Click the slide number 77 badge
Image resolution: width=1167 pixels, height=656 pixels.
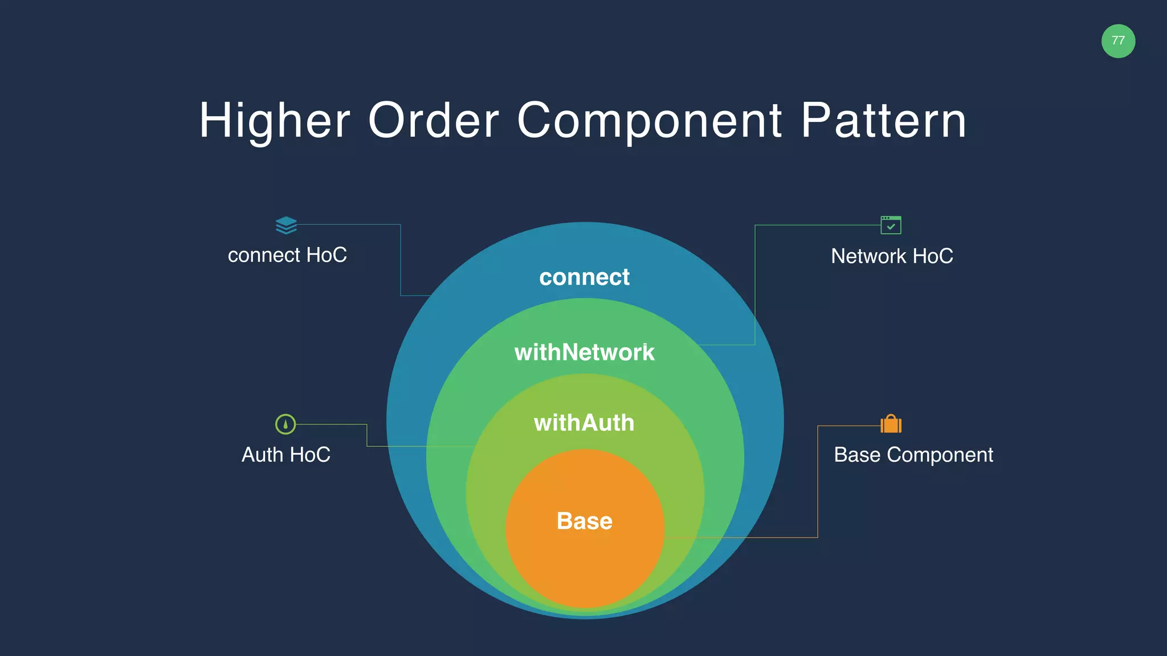pos(1118,41)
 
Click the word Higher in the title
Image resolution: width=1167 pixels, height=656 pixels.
pos(274,120)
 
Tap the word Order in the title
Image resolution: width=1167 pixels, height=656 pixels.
pos(434,120)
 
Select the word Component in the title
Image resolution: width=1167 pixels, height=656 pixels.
pos(650,120)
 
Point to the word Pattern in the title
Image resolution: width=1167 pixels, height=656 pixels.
pos(884,120)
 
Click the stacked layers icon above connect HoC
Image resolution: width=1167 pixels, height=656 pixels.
pos(286,225)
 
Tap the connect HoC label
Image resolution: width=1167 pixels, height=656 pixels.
pos(287,255)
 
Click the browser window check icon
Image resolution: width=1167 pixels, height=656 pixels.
pos(891,225)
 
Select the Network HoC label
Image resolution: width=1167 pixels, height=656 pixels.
pos(892,256)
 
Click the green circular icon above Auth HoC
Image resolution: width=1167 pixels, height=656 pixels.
pos(285,424)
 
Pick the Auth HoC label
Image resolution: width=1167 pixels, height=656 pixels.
pos(286,455)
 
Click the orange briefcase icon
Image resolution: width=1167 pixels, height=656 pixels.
pos(891,424)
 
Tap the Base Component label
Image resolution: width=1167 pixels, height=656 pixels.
pos(913,455)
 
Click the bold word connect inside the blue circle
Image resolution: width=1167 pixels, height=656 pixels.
pos(584,277)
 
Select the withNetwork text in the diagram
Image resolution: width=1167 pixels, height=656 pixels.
pos(584,352)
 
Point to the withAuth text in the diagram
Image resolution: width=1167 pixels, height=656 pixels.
pos(584,423)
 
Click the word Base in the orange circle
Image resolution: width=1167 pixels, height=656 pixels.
pos(584,521)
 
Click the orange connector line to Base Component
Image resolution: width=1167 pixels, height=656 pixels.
pos(818,484)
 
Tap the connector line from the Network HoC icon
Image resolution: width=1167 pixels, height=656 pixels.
pos(755,285)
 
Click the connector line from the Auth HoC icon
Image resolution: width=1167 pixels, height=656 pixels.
pos(367,436)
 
